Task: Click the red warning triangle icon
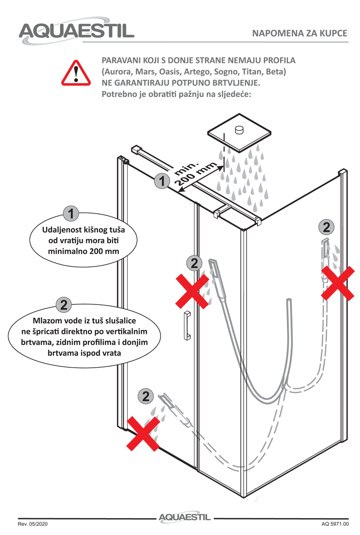(76, 73)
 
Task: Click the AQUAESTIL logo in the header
(76, 31)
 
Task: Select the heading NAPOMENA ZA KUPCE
(300, 33)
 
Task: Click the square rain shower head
(239, 132)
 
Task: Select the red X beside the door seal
(192, 291)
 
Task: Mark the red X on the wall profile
(338, 283)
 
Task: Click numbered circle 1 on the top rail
(162, 181)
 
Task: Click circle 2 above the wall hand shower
(326, 227)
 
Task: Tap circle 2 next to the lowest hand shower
(146, 396)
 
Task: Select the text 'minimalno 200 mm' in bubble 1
(83, 251)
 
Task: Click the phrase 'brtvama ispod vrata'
(84, 353)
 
